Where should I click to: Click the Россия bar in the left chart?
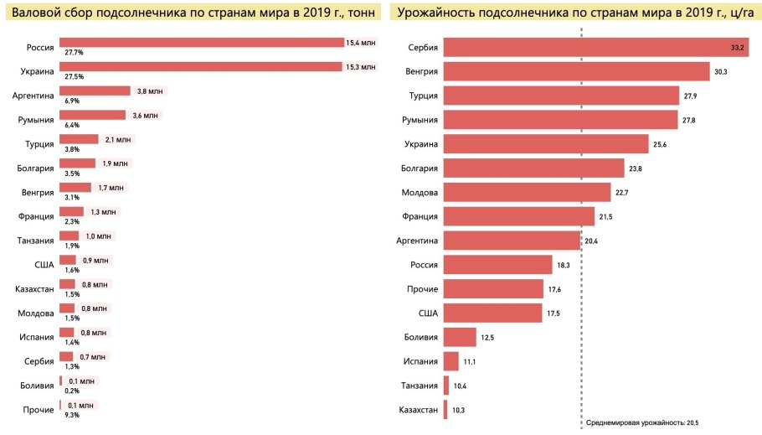tap(201, 42)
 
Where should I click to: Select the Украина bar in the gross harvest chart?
tap(200, 66)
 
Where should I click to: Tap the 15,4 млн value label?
tap(362, 42)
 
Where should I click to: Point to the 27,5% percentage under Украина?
tap(74, 76)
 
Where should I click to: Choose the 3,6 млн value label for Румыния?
tap(142, 115)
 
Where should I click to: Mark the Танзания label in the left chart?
tap(35, 241)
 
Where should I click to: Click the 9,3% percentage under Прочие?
tap(72, 415)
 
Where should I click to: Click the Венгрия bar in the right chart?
tap(576, 72)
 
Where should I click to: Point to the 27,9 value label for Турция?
tap(691, 96)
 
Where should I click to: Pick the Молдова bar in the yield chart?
tap(527, 193)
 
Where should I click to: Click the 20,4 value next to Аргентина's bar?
tap(592, 241)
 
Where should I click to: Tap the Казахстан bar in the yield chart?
tap(445, 410)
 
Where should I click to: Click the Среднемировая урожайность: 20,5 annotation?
tap(641, 423)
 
